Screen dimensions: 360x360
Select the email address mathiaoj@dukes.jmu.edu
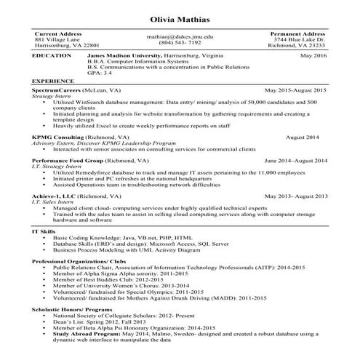[x=180, y=36]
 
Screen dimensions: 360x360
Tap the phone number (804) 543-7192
[x=180, y=43]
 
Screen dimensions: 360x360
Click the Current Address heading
[x=58, y=33]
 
